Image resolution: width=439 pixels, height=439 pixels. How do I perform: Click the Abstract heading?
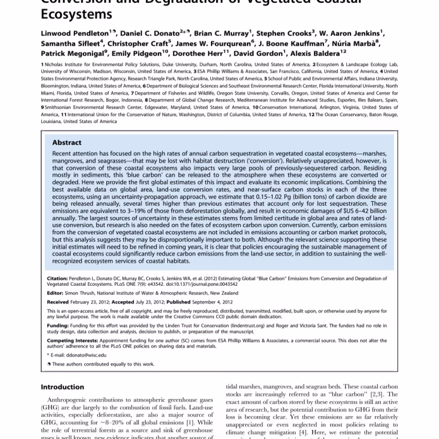click(67, 142)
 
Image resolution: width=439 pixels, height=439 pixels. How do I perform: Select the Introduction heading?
click(63, 387)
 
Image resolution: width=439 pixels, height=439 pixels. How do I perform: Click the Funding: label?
click(58, 325)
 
